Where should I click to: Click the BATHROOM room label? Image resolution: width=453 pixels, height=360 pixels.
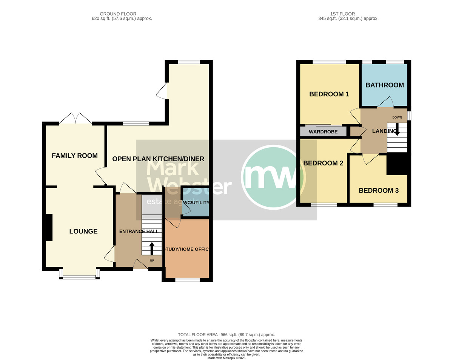coord(385,85)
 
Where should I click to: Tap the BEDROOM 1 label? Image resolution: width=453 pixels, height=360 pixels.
coord(329,94)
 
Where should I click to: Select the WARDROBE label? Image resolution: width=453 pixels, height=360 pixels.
coord(323,132)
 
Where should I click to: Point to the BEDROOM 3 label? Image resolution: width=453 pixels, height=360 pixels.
coord(379,190)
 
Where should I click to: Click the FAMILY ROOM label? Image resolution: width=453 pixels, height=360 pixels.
coord(75,156)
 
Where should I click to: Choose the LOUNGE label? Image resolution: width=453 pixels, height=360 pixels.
coord(83,231)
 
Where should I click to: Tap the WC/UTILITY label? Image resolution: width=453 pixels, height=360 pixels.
coord(196,202)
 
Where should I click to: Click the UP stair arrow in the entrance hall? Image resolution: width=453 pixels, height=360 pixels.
coord(151,249)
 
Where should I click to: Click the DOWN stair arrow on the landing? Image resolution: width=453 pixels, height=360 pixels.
coord(397,129)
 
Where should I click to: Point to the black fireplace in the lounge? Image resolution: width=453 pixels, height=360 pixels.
coord(49,227)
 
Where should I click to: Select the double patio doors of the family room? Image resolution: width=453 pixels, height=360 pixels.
coord(75,118)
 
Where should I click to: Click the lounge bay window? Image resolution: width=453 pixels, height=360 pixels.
coord(79,274)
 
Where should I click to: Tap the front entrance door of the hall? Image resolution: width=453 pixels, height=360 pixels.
coord(140,264)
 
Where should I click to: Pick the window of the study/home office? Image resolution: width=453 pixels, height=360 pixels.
coord(188,280)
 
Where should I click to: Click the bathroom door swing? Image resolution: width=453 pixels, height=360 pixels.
coord(385,102)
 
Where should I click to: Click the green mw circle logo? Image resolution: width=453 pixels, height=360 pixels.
coord(273,177)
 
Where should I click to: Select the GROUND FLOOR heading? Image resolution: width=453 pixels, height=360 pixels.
coord(118,14)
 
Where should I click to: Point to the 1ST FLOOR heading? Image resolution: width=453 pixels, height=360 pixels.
coord(342,14)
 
